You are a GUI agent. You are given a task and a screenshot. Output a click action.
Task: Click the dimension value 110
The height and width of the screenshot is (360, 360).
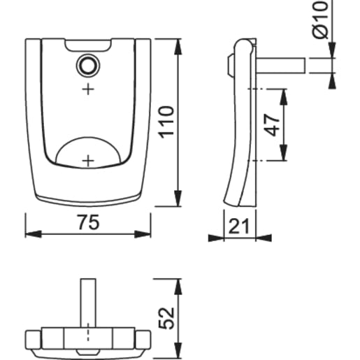coord(166,123)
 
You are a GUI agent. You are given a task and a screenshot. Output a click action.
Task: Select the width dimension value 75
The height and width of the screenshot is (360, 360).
coord(87,222)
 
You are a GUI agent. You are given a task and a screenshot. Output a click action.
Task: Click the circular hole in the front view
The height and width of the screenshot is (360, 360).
coord(88,65)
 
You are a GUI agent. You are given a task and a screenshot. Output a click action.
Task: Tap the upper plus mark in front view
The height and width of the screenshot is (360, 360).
coord(88,89)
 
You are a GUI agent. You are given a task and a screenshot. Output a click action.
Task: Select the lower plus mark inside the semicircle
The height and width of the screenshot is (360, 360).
coord(88,159)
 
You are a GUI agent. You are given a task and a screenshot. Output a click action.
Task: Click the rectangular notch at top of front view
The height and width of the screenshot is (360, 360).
coord(88,46)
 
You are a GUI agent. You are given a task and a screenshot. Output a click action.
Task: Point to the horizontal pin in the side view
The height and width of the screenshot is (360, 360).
coord(280,65)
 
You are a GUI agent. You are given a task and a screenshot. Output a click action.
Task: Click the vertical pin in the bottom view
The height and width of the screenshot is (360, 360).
coord(88,301)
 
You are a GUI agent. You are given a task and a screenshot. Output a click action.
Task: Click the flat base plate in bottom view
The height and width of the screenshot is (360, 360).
coord(88,338)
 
